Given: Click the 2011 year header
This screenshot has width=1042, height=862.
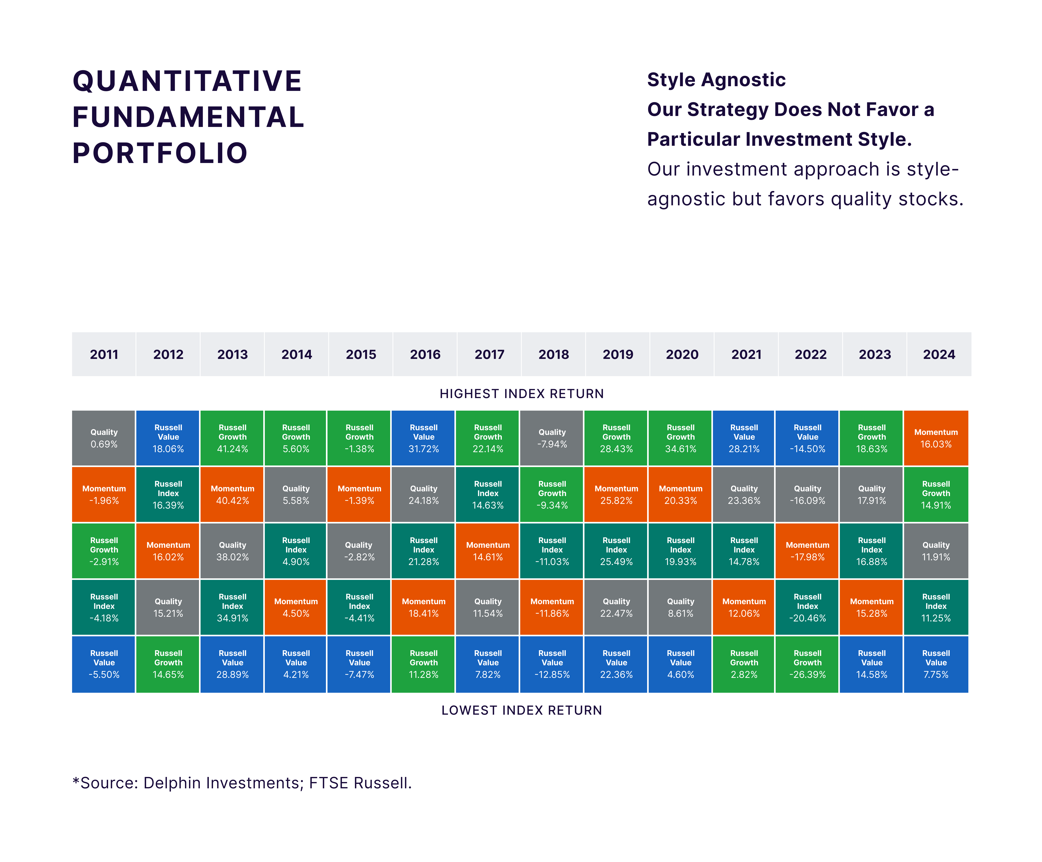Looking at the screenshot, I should pyautogui.click(x=104, y=354).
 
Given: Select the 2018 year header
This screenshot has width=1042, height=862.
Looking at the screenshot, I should pyautogui.click(x=553, y=354).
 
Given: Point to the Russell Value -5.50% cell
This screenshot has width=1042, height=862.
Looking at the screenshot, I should pyautogui.click(x=104, y=664).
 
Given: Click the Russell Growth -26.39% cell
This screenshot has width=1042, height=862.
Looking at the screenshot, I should pyautogui.click(x=807, y=664).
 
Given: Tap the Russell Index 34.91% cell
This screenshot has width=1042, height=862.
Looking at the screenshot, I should pyautogui.click(x=232, y=608).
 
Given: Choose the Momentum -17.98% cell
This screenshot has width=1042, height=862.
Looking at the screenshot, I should pyautogui.click(x=807, y=551).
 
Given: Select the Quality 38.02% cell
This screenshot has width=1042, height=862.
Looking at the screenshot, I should pyautogui.click(x=232, y=551).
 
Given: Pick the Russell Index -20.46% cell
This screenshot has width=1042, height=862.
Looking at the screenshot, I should pyautogui.click(x=807, y=608).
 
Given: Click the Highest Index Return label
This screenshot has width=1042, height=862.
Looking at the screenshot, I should pyautogui.click(x=522, y=394).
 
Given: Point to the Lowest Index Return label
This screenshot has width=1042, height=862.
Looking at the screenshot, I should pyautogui.click(x=522, y=710).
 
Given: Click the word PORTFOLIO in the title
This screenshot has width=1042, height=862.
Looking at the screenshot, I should pyautogui.click(x=160, y=153).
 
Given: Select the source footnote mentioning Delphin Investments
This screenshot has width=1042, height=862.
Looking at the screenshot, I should pyautogui.click(x=242, y=783).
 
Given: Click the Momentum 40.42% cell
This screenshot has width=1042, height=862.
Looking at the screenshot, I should pyautogui.click(x=232, y=494).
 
